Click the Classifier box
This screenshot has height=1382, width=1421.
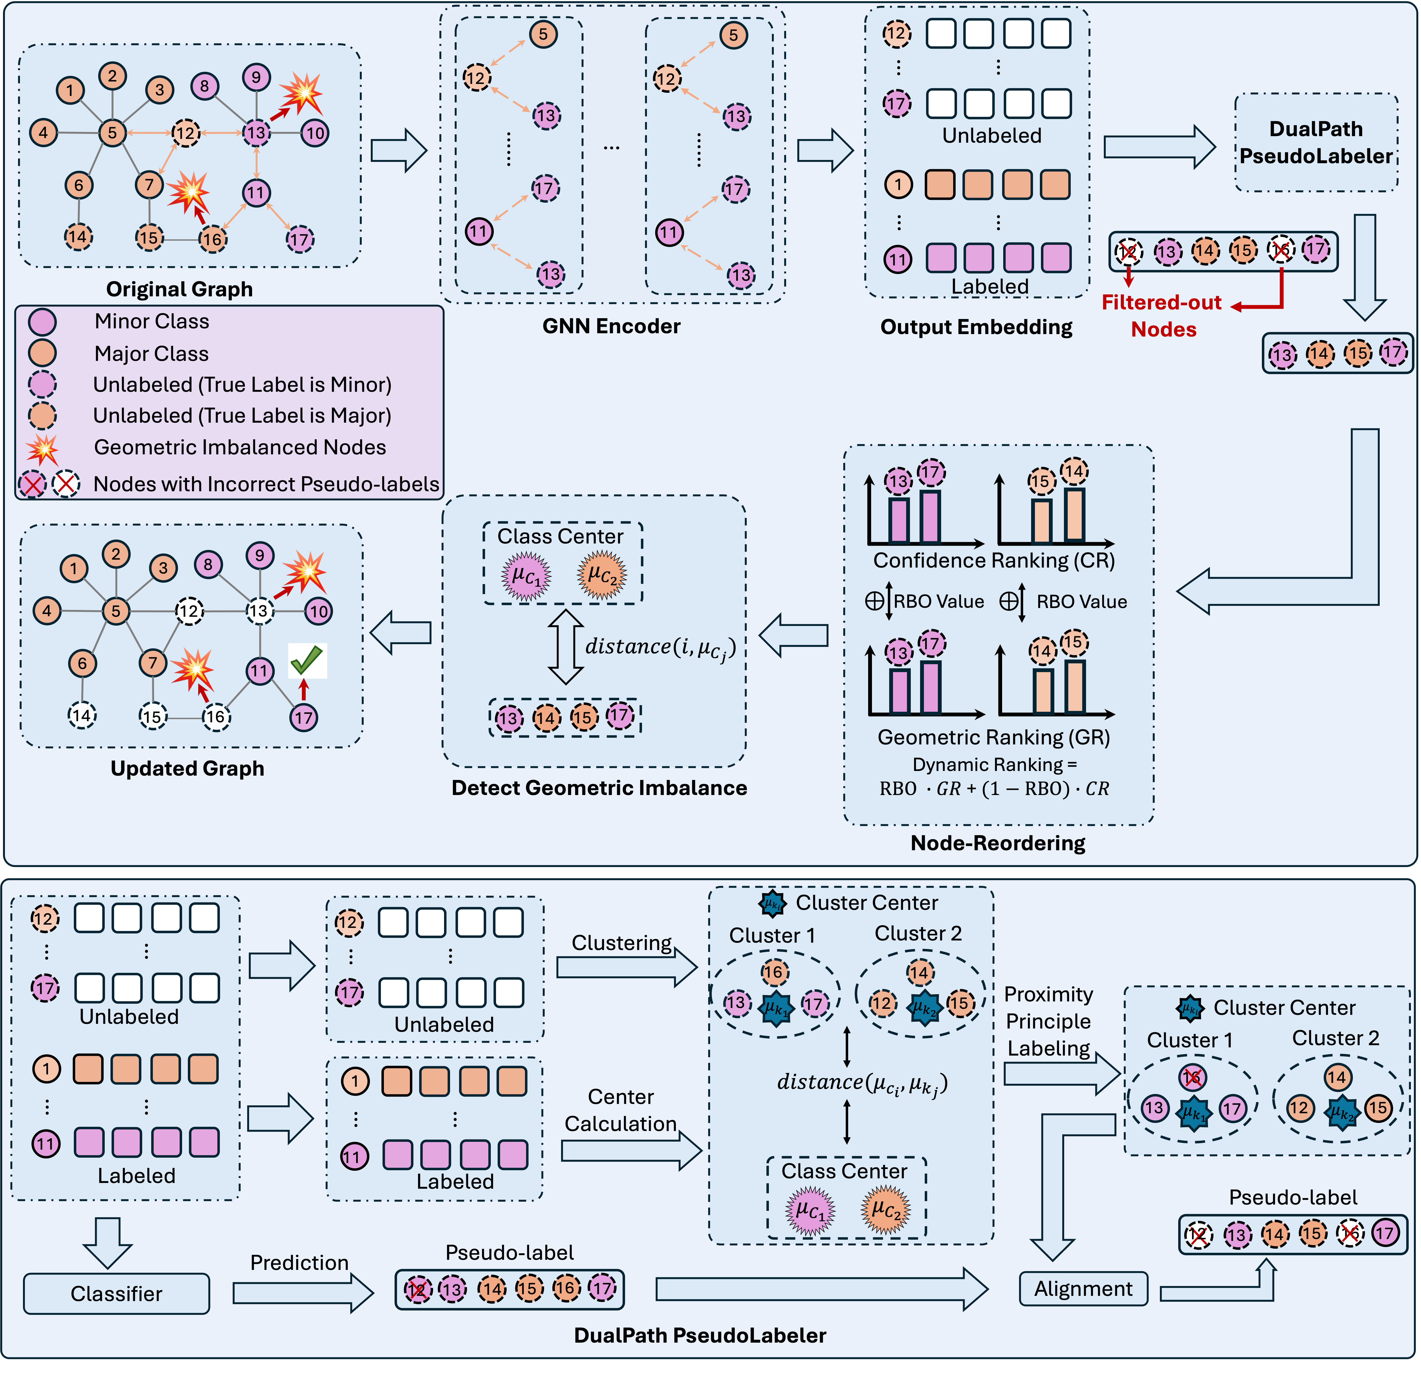(116, 1293)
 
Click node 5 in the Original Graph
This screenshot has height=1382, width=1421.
(112, 133)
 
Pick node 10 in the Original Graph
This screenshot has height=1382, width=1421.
(314, 133)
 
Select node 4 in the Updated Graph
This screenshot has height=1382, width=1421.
(46, 610)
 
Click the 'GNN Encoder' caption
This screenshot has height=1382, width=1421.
(611, 326)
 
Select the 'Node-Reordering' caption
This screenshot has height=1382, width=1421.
(998, 843)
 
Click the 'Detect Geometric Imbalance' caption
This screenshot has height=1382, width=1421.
(599, 788)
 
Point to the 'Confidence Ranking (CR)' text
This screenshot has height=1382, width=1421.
(993, 560)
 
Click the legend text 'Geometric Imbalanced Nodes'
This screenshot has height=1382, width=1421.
(240, 447)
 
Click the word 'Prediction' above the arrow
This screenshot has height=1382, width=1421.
(299, 1262)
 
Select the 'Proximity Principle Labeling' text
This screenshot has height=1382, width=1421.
(1049, 1021)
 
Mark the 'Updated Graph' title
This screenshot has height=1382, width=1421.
(187, 768)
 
